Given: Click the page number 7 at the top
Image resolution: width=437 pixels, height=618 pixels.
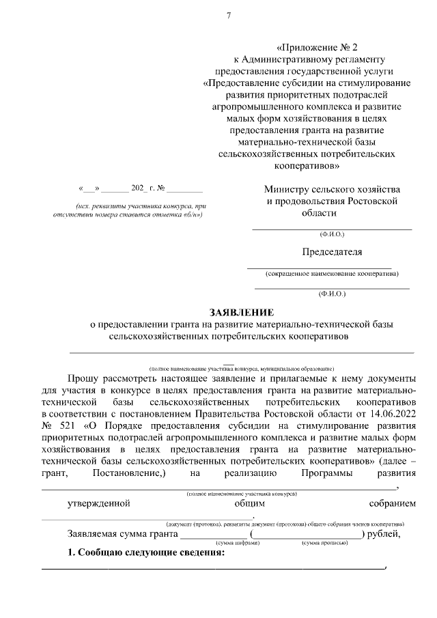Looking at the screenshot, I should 229,16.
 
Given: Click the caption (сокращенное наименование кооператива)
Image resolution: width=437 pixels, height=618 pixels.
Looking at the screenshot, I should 333,274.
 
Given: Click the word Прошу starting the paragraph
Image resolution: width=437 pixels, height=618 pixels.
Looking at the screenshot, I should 85,377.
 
